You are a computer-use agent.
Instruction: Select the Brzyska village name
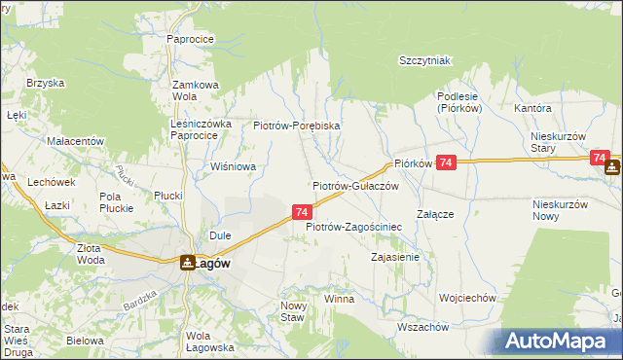(43, 84)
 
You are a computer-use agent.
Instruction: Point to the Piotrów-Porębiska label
(296, 126)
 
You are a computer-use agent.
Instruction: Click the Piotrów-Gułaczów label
(355, 185)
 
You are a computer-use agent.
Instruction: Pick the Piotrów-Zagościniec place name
(354, 227)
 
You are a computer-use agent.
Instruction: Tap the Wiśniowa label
(234, 166)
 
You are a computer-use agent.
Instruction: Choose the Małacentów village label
(75, 141)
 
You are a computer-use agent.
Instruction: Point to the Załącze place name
(436, 213)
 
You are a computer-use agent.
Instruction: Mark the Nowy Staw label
(294, 311)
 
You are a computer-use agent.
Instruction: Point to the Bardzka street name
(140, 301)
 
